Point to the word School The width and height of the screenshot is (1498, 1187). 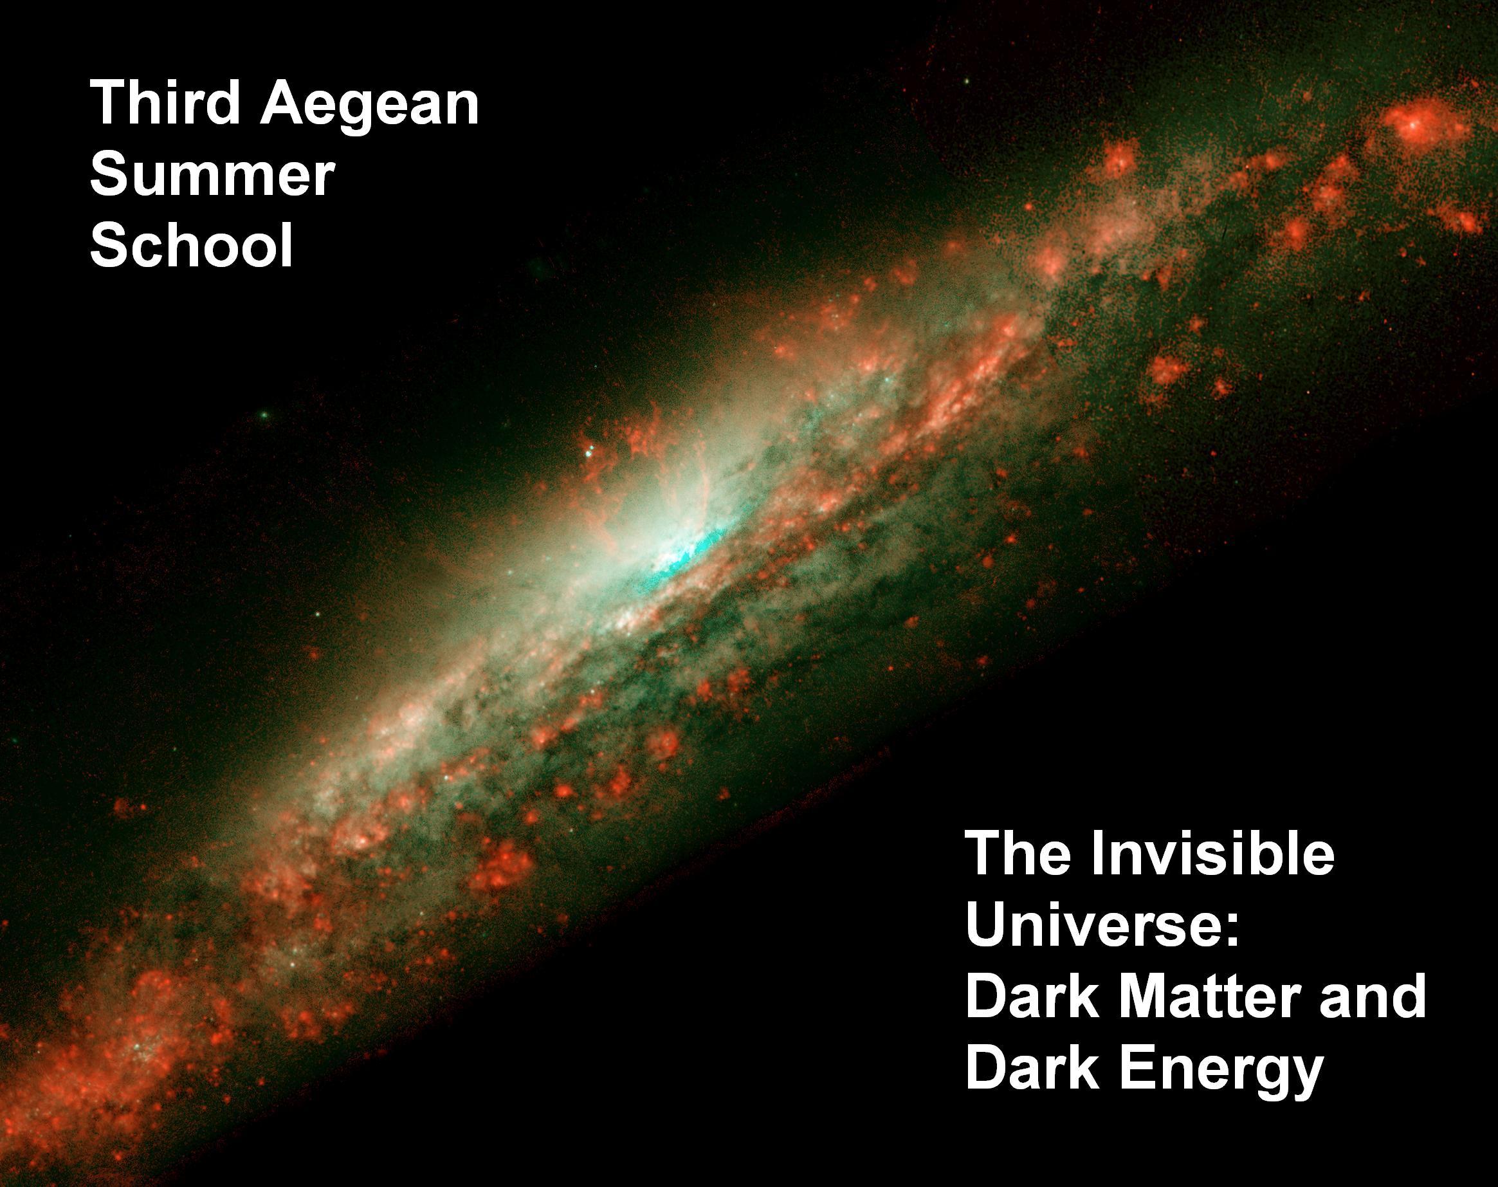point(192,244)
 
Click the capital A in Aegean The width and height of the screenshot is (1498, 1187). point(284,102)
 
